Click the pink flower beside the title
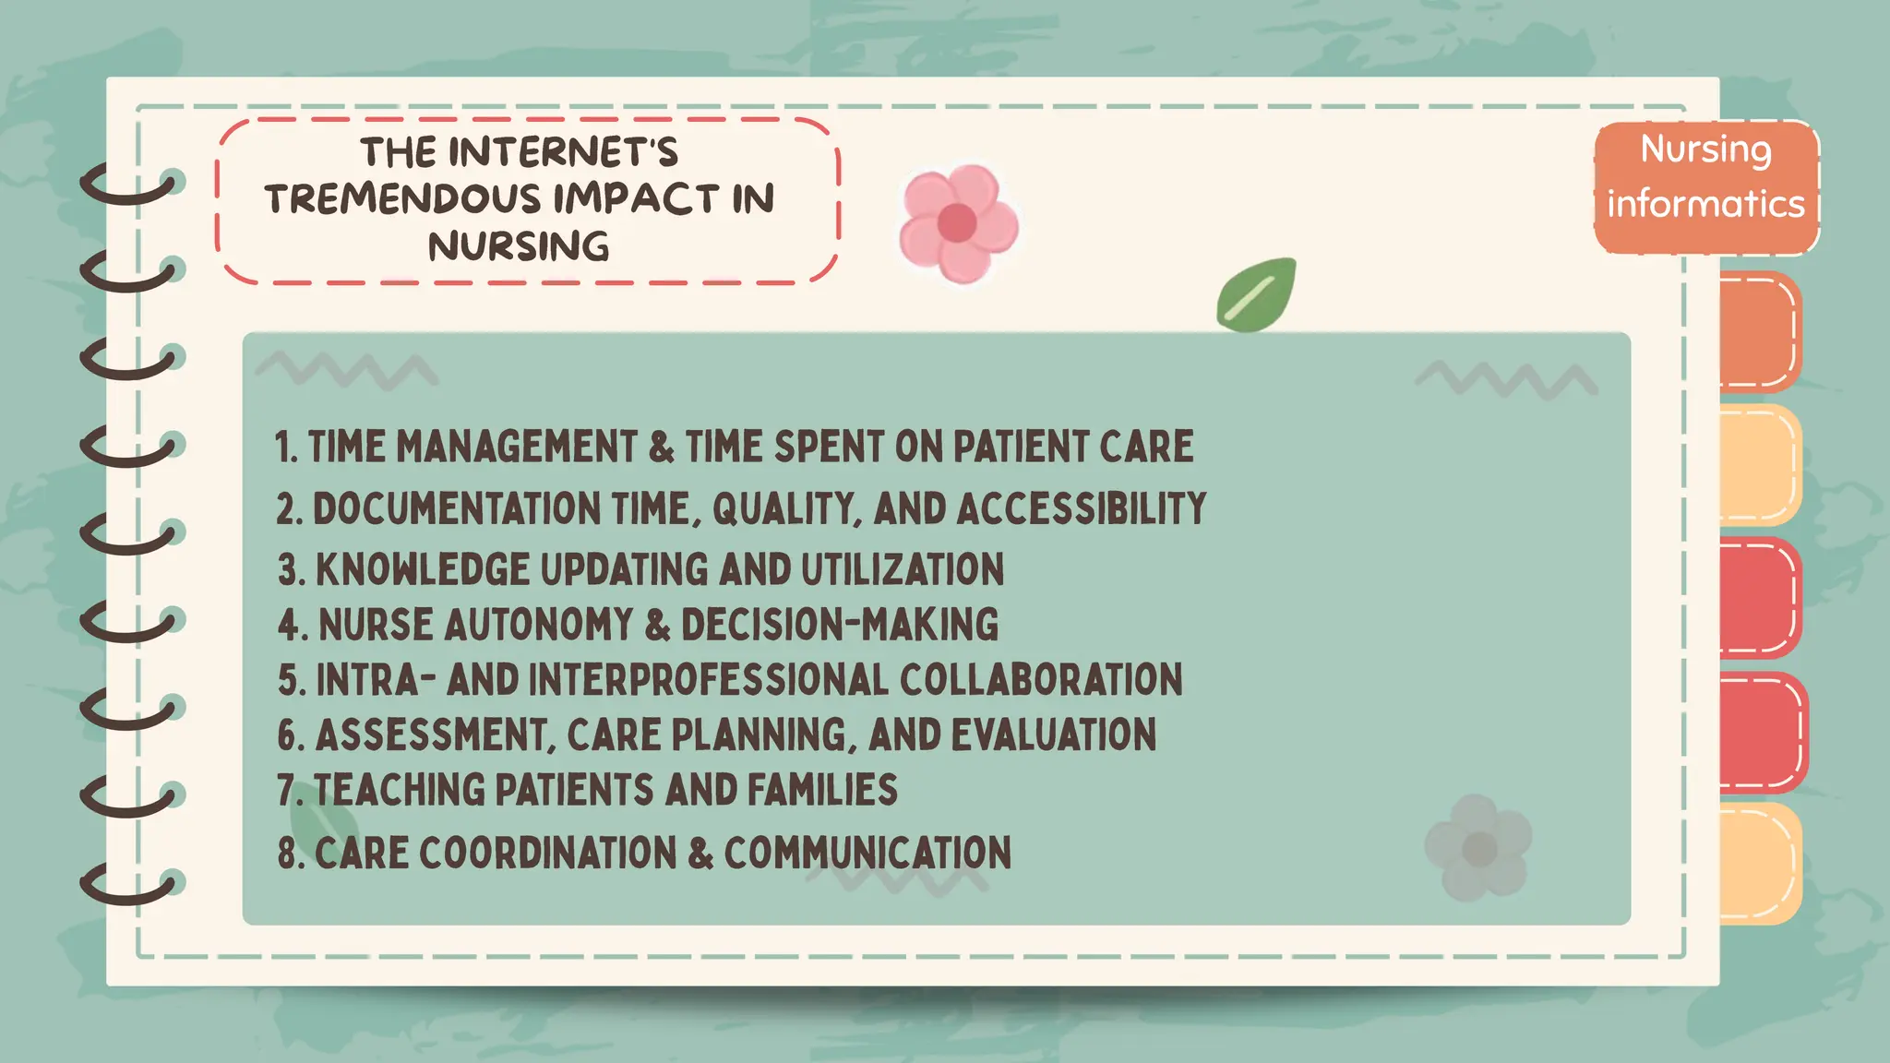point(958,223)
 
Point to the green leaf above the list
point(1256,295)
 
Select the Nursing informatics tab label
point(1705,177)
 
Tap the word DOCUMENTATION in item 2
point(457,509)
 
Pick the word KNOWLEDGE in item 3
point(423,569)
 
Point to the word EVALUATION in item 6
point(1053,735)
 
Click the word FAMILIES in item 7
point(821,791)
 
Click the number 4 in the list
point(289,626)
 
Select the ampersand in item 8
point(700,853)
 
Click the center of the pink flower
point(957,223)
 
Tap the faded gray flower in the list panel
point(1478,848)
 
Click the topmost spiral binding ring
point(129,185)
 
